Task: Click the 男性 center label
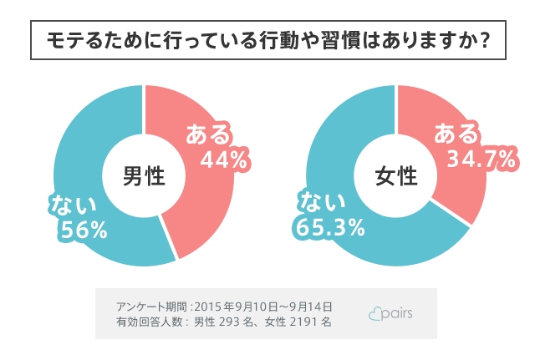(x=144, y=176)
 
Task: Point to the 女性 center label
(x=396, y=176)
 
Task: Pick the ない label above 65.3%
(x=322, y=202)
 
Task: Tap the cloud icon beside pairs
(x=376, y=313)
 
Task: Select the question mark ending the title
(x=481, y=40)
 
